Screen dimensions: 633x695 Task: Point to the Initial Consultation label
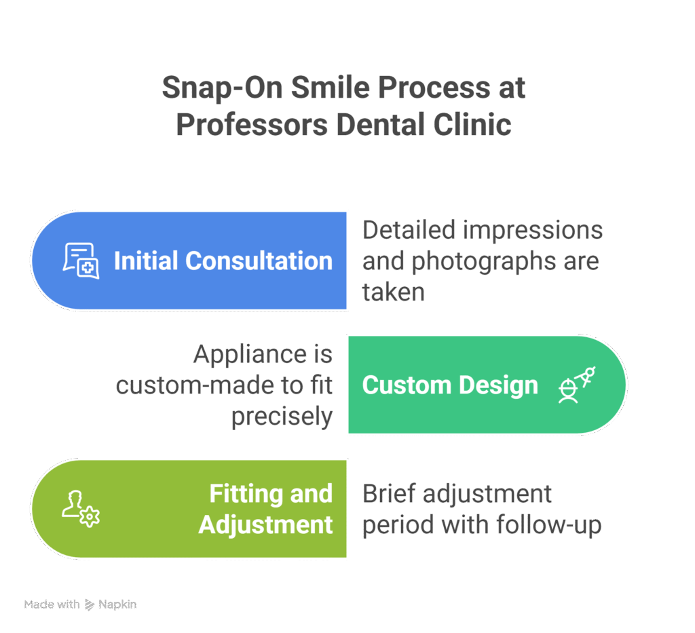coord(223,261)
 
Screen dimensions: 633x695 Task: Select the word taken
coord(393,292)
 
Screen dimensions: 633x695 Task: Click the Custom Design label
coord(450,385)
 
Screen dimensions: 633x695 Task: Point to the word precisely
coord(282,417)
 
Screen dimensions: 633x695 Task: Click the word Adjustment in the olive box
coord(265,524)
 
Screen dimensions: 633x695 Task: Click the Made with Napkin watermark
coord(80,605)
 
